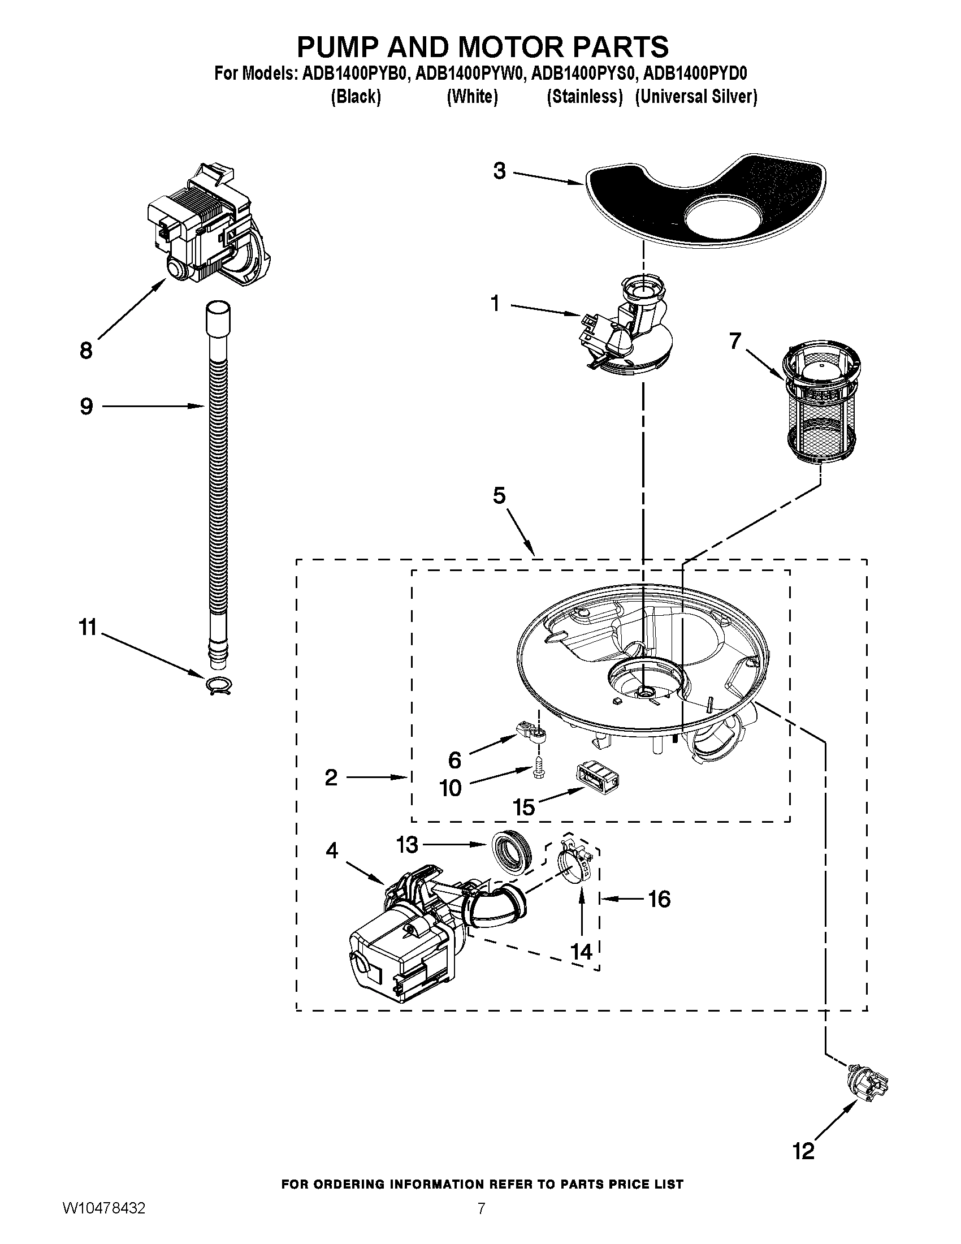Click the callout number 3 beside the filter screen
pyautogui.click(x=499, y=171)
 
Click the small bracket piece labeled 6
pyautogui.click(x=532, y=732)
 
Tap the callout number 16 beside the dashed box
pyautogui.click(x=659, y=900)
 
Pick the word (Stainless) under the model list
pyautogui.click(x=585, y=97)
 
